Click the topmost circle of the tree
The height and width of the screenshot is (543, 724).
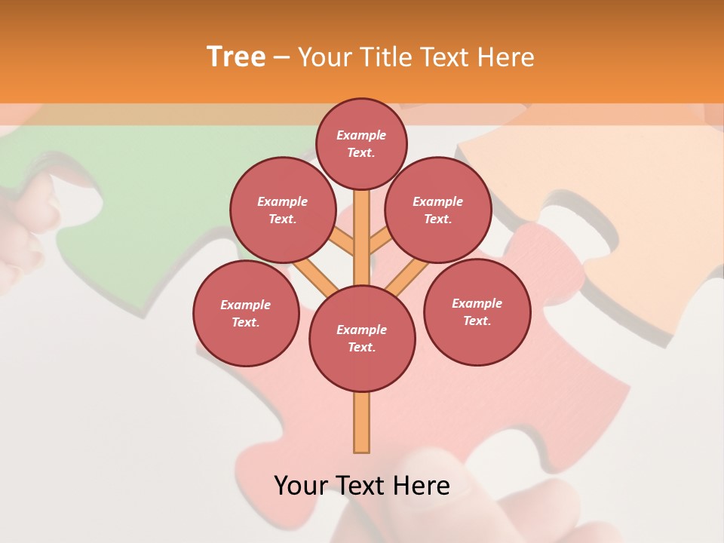pyautogui.click(x=361, y=143)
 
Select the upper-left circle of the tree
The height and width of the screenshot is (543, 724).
pyautogui.click(x=282, y=210)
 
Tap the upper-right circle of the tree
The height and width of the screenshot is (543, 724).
pyautogui.click(x=437, y=210)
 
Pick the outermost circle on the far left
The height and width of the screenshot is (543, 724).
pyautogui.click(x=245, y=313)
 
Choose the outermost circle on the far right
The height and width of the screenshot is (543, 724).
pyautogui.click(x=477, y=311)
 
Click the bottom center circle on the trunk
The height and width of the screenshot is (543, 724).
pyautogui.click(x=361, y=338)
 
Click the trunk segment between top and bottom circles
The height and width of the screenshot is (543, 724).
pyautogui.click(x=361, y=241)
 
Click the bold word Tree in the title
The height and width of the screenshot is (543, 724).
pyautogui.click(x=236, y=57)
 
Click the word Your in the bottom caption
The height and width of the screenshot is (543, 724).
pyautogui.click(x=301, y=486)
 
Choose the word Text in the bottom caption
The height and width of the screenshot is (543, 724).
pyautogui.click(x=360, y=486)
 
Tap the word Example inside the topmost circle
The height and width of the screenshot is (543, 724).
pyautogui.click(x=361, y=136)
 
